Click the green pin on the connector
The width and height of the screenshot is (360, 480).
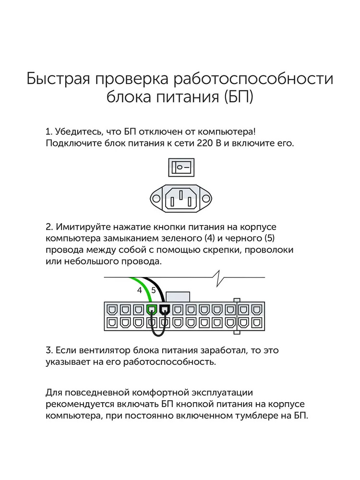(x=152, y=310)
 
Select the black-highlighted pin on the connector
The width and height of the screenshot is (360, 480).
(x=165, y=310)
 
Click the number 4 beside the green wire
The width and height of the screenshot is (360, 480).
(x=140, y=290)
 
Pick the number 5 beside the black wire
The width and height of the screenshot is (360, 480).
(x=153, y=290)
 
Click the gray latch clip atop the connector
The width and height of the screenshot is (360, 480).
(x=178, y=296)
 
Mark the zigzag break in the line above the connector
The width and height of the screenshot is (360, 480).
(x=218, y=278)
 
